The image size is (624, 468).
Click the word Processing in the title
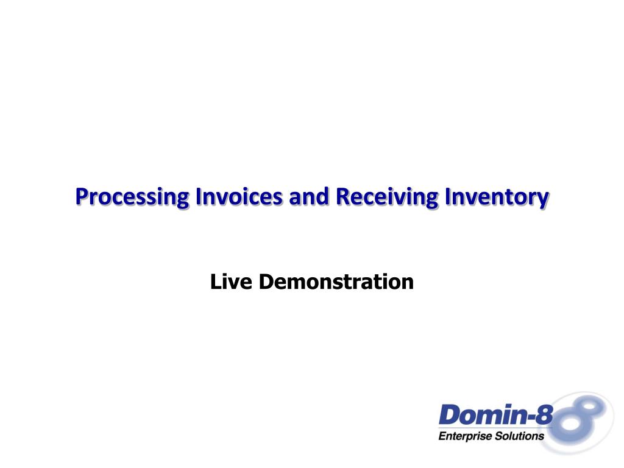[132, 197]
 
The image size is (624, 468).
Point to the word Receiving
[387, 197]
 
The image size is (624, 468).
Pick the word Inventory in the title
[497, 197]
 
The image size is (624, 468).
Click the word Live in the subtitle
[231, 282]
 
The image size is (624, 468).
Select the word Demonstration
[336, 282]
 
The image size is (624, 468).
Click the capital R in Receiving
[343, 196]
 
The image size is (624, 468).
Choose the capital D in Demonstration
[266, 282]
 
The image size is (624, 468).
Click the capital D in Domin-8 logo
[449, 414]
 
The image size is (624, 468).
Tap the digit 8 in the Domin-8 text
[545, 414]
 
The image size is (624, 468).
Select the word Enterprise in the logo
[464, 436]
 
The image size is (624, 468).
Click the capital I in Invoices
[198, 196]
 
